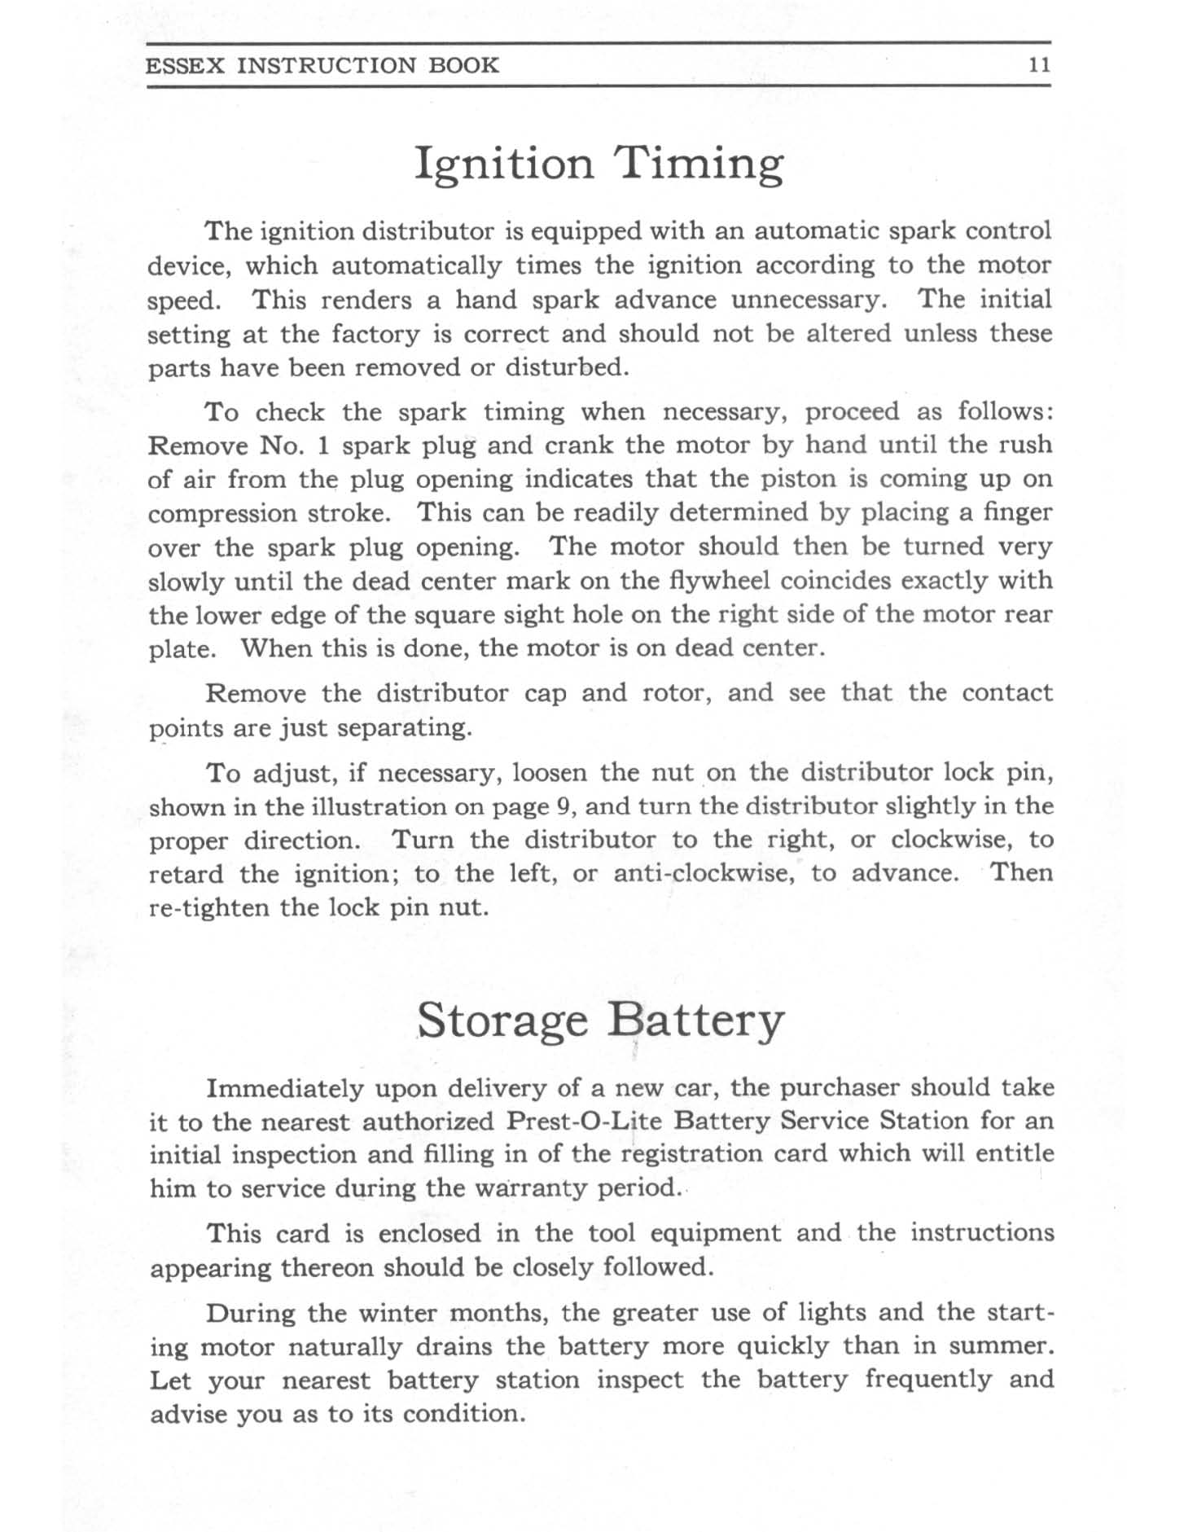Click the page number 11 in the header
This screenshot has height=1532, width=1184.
pos(1039,65)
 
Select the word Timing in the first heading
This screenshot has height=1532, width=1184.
pos(701,165)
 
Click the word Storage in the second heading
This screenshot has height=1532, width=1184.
pos(502,1021)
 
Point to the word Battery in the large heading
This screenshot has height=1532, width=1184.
pos(696,1021)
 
